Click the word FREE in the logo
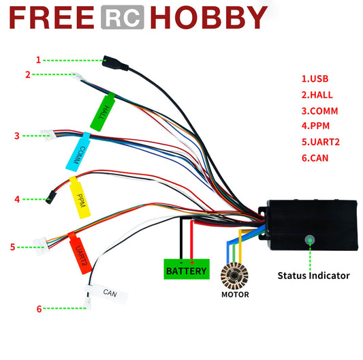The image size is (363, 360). pos(51,18)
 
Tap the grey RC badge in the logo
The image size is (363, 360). pos(122,18)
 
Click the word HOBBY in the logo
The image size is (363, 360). pos(208,18)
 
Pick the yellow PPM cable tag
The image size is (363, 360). pos(80,198)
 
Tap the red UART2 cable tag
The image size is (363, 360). pos(80,250)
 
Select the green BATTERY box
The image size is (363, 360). pos(186,269)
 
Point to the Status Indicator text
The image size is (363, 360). pos(313,276)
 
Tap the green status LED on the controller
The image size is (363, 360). pos(310,239)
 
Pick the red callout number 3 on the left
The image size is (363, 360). pos(16,136)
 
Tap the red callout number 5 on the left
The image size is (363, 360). pos(12,247)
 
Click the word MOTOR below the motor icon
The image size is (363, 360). pos(235,295)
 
